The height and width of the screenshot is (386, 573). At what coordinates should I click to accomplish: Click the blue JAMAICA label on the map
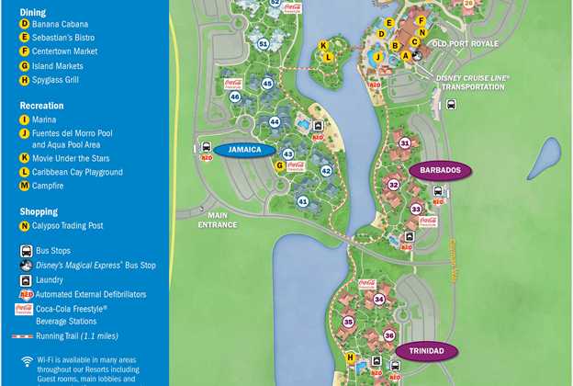pyautogui.click(x=246, y=150)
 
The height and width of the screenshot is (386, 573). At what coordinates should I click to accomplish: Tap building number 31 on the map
pyautogui.click(x=405, y=143)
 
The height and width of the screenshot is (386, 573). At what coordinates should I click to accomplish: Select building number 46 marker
pyautogui.click(x=235, y=96)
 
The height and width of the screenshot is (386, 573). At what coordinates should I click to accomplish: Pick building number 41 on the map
pyautogui.click(x=303, y=201)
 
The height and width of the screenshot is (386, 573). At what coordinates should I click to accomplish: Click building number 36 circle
pyautogui.click(x=388, y=335)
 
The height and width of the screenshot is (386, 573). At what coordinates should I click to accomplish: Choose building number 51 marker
pyautogui.click(x=264, y=43)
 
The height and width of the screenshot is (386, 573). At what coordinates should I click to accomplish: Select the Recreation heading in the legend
pyautogui.click(x=43, y=106)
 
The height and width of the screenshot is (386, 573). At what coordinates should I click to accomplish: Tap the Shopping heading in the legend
pyautogui.click(x=39, y=211)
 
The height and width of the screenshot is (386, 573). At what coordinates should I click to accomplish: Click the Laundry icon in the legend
pyautogui.click(x=26, y=279)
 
